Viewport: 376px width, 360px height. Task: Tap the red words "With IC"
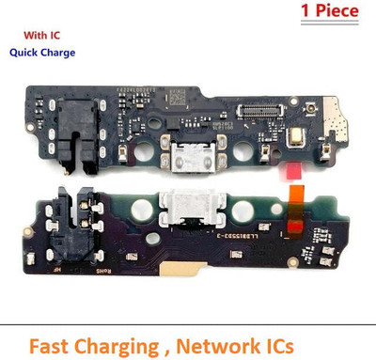pyautogui.click(x=37, y=35)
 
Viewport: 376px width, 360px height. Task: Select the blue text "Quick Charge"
pyautogui.click(x=42, y=54)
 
